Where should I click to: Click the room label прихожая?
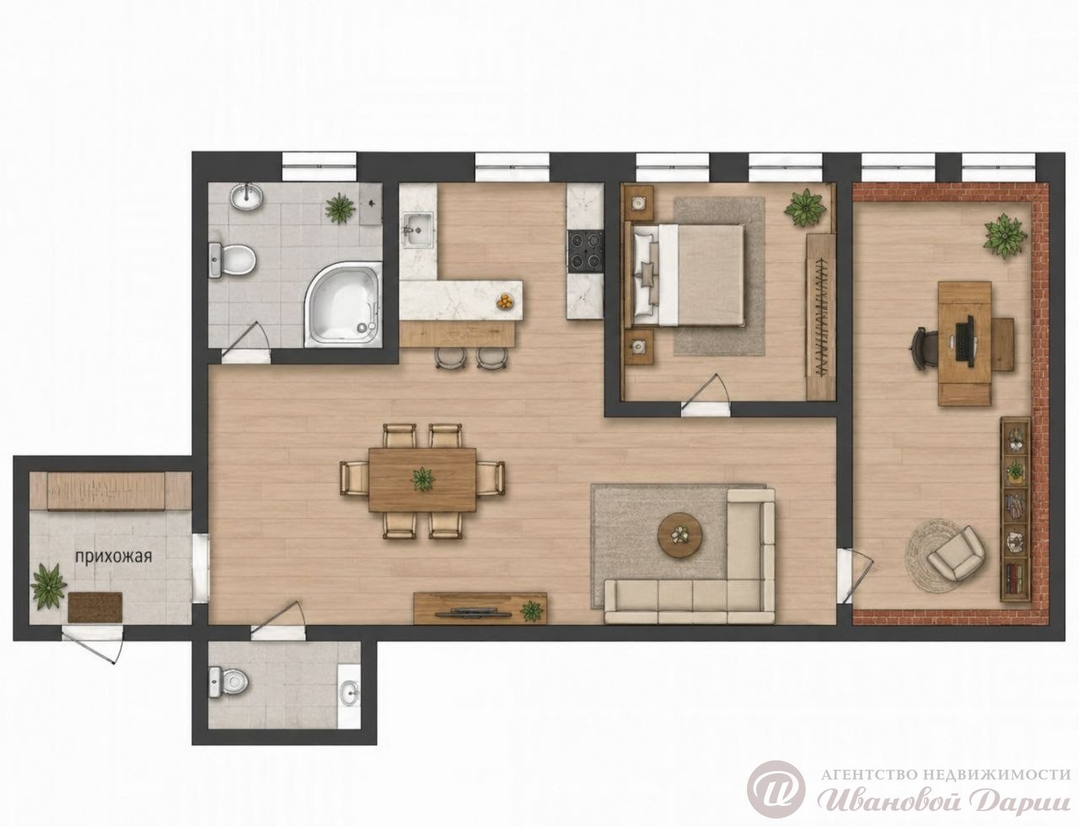[113, 556]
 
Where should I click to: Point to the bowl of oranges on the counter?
[504, 301]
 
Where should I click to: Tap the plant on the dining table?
[422, 479]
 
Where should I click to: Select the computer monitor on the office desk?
[964, 343]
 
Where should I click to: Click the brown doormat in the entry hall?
[95, 607]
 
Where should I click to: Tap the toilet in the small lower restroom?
[228, 682]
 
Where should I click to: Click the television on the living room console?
[472, 613]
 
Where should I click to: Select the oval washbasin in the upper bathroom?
[247, 196]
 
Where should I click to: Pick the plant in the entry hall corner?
[48, 586]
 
